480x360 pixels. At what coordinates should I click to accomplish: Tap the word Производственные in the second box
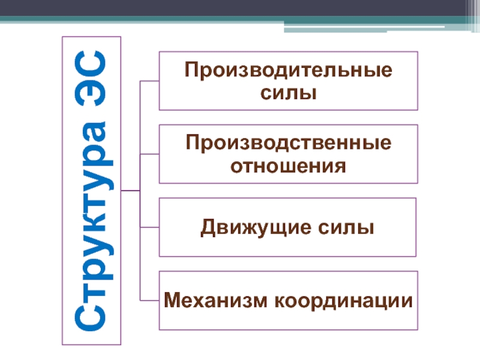click(x=289, y=145)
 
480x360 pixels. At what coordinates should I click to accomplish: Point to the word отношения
click(x=289, y=165)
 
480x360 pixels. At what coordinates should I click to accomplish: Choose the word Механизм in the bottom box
click(x=216, y=299)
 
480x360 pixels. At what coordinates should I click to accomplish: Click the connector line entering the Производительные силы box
click(x=149, y=80)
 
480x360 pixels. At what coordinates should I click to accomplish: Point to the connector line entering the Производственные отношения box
click(x=149, y=154)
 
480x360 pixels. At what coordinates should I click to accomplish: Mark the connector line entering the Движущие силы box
click(x=149, y=227)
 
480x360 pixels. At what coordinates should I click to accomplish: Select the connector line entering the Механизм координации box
click(x=149, y=300)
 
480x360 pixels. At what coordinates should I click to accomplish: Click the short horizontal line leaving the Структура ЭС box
click(x=130, y=191)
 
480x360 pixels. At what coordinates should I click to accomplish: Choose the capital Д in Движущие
click(x=208, y=228)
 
